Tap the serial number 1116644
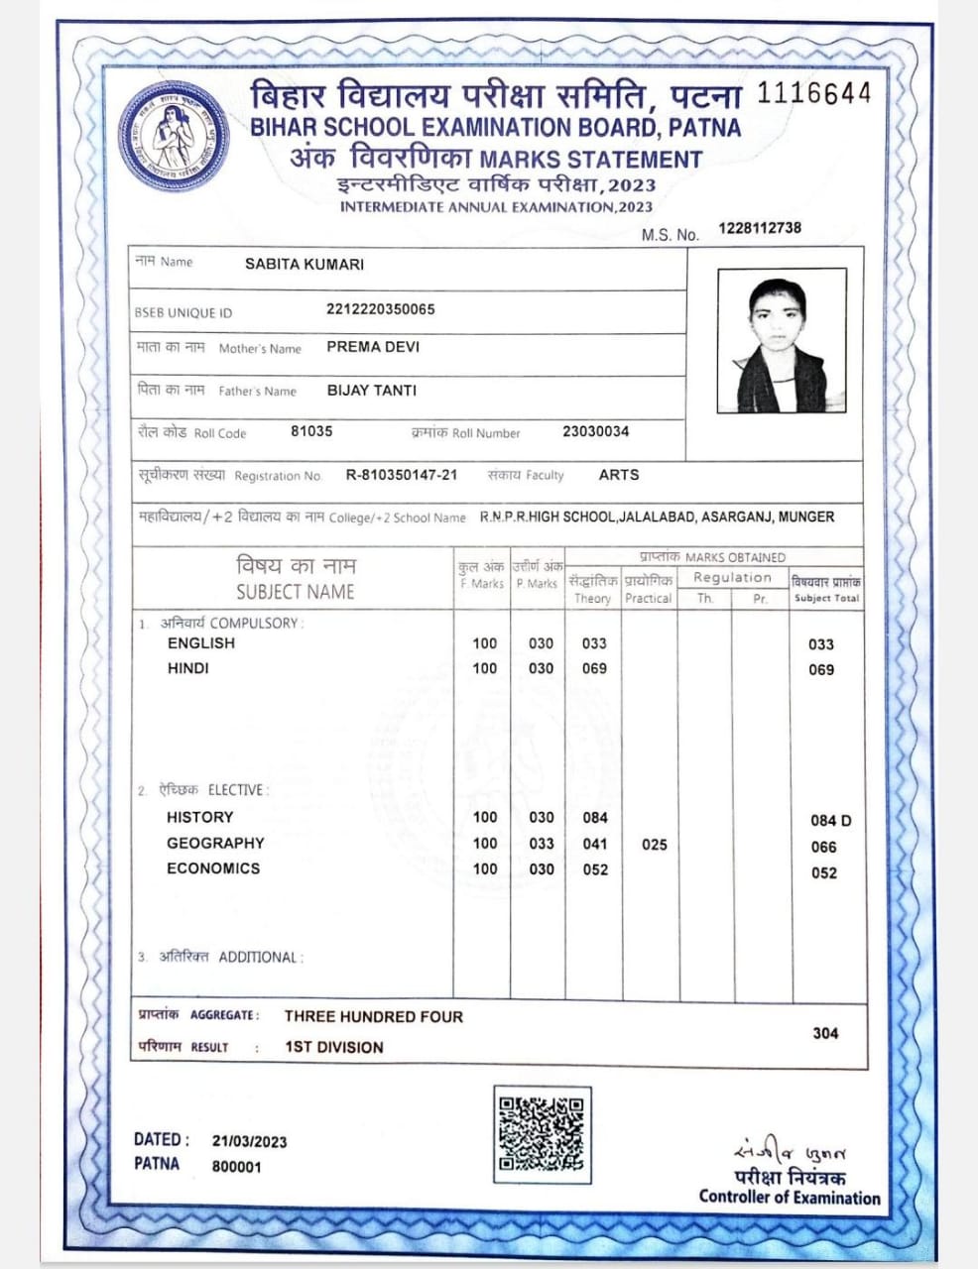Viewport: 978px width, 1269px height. pyautogui.click(x=813, y=93)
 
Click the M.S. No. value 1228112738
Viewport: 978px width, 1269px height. pyautogui.click(x=760, y=228)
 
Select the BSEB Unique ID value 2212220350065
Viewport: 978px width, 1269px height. pyautogui.click(x=380, y=309)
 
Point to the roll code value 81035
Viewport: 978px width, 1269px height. pyautogui.click(x=311, y=431)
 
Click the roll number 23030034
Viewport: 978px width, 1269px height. pyautogui.click(x=595, y=431)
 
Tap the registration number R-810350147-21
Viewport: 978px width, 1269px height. pyautogui.click(x=402, y=475)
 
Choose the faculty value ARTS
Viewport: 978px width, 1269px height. pyautogui.click(x=619, y=475)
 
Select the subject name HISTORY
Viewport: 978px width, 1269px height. pyautogui.click(x=199, y=817)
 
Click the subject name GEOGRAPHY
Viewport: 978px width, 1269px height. pyautogui.click(x=215, y=843)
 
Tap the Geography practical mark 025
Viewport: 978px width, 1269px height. pyautogui.click(x=654, y=845)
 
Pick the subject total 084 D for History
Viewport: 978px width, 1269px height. pyautogui.click(x=830, y=821)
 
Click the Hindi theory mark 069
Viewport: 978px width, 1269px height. pyautogui.click(x=594, y=668)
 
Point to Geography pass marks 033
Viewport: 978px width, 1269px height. pyautogui.click(x=541, y=844)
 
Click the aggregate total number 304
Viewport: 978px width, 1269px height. pyautogui.click(x=825, y=1033)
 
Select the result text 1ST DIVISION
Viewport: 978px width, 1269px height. pyautogui.click(x=333, y=1047)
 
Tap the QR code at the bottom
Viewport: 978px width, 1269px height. pyautogui.click(x=541, y=1134)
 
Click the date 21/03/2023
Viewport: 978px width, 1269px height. pyautogui.click(x=249, y=1141)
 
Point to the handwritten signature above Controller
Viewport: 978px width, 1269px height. pyautogui.click(x=790, y=1153)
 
